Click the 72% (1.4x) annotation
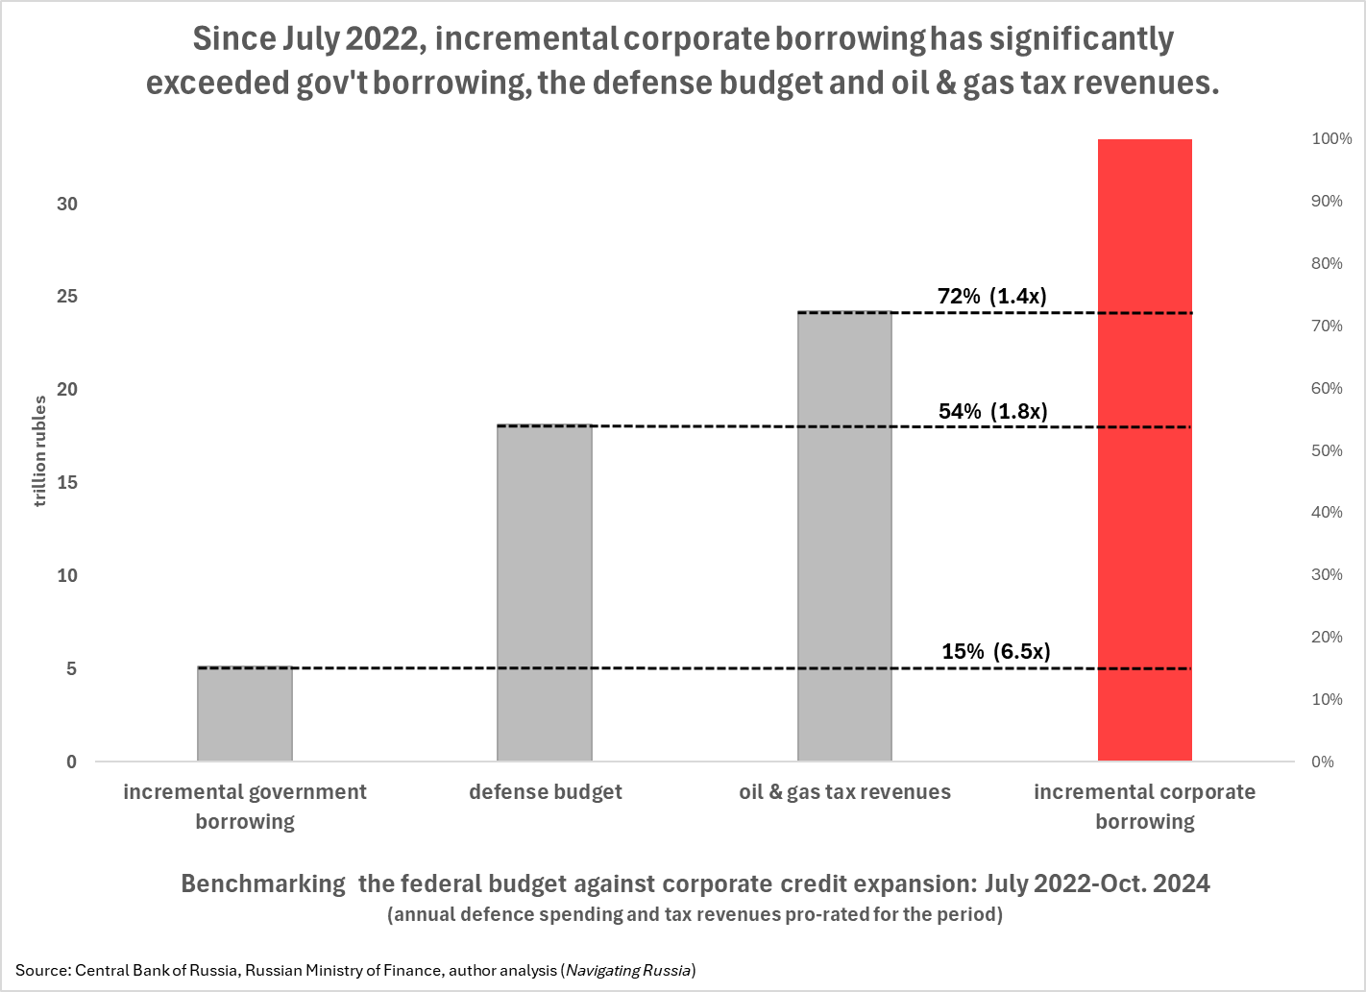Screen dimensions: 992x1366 pos(991,296)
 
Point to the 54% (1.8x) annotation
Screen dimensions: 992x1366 pos(992,411)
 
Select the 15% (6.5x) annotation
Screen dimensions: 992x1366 pos(995,651)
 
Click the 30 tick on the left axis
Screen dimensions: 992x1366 pos(66,204)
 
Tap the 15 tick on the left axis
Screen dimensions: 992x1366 pos(66,482)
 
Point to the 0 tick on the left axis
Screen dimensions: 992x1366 pos(71,762)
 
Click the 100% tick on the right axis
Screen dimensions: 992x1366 pos(1331,138)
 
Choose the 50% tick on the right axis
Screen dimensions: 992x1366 pos(1327,450)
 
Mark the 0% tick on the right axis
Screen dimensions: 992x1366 pos(1323,762)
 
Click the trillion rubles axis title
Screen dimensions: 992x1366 pos(40,451)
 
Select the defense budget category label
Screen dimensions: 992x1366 pos(545,792)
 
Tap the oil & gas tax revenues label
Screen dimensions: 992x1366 pos(844,792)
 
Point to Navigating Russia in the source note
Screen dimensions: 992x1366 pos(629,970)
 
